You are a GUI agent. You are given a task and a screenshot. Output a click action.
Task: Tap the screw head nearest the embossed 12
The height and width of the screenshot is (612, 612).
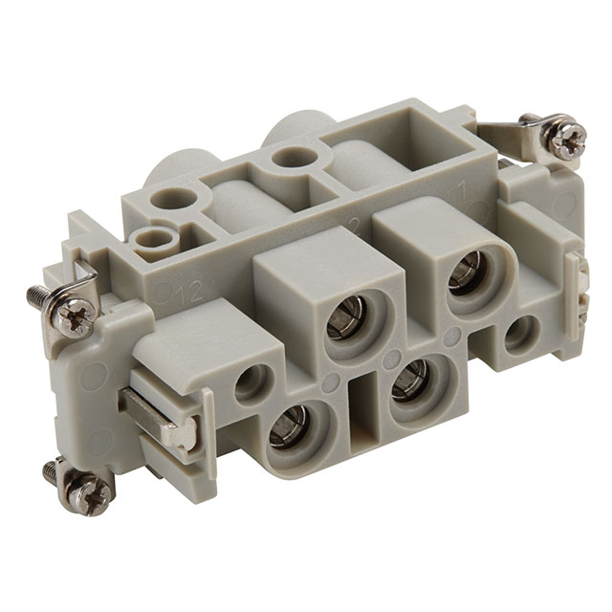74,316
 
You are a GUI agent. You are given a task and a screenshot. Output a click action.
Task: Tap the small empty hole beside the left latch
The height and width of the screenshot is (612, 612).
251,382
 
